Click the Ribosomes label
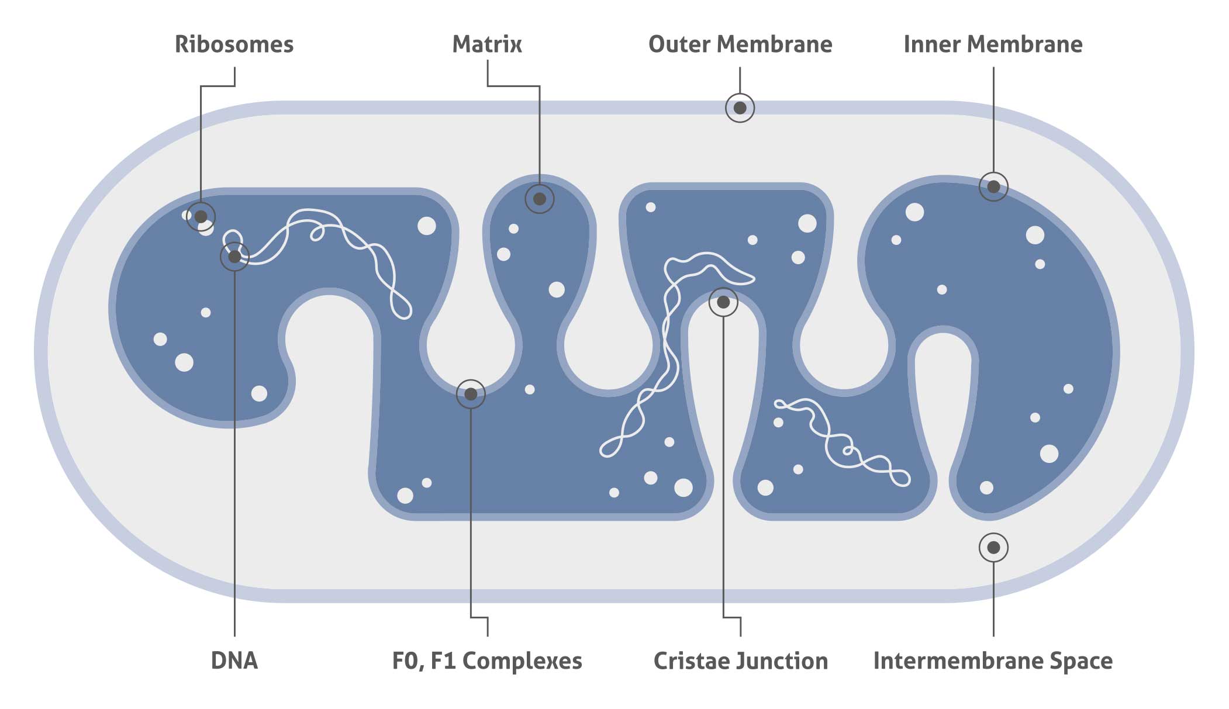[234, 44]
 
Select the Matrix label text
[487, 44]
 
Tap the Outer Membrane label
[740, 44]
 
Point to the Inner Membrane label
[993, 44]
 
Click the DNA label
[234, 661]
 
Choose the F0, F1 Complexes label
[487, 661]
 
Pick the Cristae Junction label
[741, 661]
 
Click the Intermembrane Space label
[993, 661]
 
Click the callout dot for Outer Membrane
[740, 108]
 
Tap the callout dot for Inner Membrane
[993, 187]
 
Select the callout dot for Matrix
[540, 199]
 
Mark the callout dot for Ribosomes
[201, 217]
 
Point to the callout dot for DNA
[234, 257]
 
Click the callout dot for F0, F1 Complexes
[471, 395]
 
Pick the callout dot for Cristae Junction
[723, 303]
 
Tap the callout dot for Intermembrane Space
[993, 548]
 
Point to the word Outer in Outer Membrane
[680, 44]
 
